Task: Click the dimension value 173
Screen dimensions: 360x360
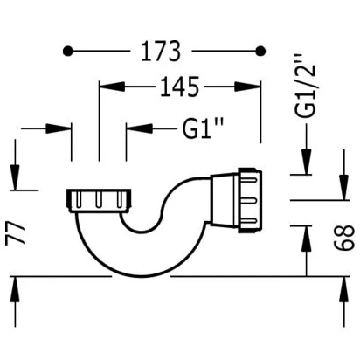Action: [161, 52]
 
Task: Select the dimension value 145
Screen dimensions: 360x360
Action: [179, 87]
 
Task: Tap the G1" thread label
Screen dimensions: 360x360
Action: [203, 128]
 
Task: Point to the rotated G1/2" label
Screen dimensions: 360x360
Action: [306, 86]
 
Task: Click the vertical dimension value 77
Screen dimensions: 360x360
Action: [16, 233]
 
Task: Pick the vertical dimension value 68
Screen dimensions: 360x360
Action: [344, 238]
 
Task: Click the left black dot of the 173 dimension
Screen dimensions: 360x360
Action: [68, 52]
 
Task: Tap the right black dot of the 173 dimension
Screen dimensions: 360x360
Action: [260, 51]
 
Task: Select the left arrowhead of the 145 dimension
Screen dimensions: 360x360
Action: [112, 87]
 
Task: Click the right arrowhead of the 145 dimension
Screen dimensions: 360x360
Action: [247, 87]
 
